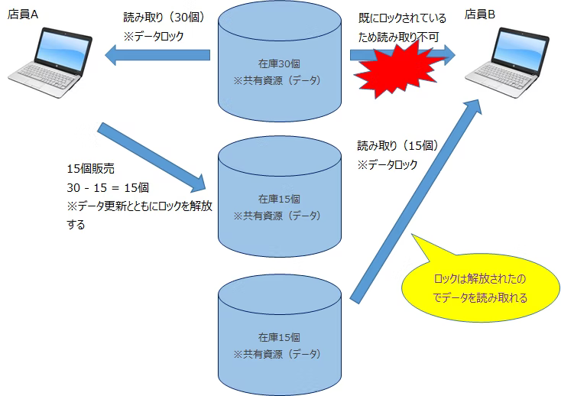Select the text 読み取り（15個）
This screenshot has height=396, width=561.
[397, 145]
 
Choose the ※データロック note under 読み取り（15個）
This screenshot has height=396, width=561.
[388, 164]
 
